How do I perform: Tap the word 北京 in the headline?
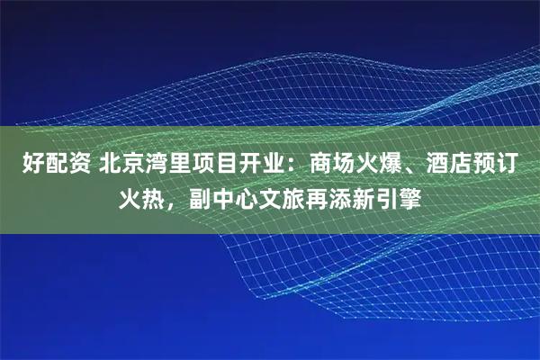[x=118, y=166]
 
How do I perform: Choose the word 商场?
[x=330, y=166]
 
